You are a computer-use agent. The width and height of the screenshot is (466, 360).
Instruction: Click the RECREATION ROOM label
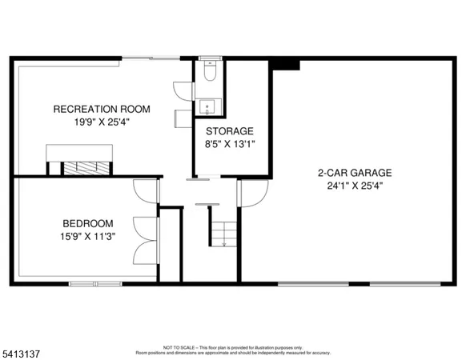pos(102,109)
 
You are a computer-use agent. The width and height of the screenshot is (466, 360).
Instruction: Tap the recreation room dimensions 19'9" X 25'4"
pos(102,123)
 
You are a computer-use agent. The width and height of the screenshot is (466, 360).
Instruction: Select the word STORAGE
pos(230,131)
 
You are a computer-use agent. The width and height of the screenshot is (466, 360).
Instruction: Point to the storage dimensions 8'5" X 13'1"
pos(230,145)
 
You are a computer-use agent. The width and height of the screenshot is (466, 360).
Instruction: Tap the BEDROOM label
pos(88,223)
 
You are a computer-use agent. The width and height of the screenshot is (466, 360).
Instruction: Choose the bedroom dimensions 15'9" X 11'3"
pos(88,237)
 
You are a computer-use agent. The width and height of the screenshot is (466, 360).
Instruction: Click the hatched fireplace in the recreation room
pos(81,168)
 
